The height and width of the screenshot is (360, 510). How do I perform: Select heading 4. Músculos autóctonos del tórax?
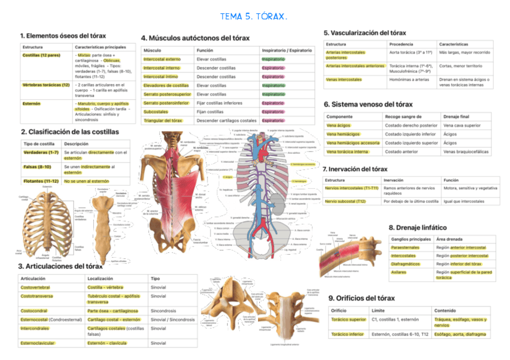pos(195,38)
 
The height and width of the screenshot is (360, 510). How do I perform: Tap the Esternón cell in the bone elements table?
pos(32,103)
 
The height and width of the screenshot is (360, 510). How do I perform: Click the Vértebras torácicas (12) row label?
pos(46,85)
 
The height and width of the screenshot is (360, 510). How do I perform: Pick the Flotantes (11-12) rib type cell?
pos(40,180)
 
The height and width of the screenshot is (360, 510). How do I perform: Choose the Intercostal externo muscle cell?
pos(162,59)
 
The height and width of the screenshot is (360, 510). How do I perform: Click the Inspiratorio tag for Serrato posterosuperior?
pos(273,94)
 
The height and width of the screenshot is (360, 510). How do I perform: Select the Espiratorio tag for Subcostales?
pos(273,112)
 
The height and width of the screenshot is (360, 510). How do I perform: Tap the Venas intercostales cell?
pos(343,79)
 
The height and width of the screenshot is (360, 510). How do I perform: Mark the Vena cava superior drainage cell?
pos(462,126)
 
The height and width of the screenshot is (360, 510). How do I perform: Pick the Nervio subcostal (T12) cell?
pos(345,201)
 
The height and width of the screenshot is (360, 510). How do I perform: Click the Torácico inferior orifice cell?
pos(348,334)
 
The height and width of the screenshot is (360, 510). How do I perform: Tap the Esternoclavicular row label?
pos(39,343)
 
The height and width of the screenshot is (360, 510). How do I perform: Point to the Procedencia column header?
pos(401,44)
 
